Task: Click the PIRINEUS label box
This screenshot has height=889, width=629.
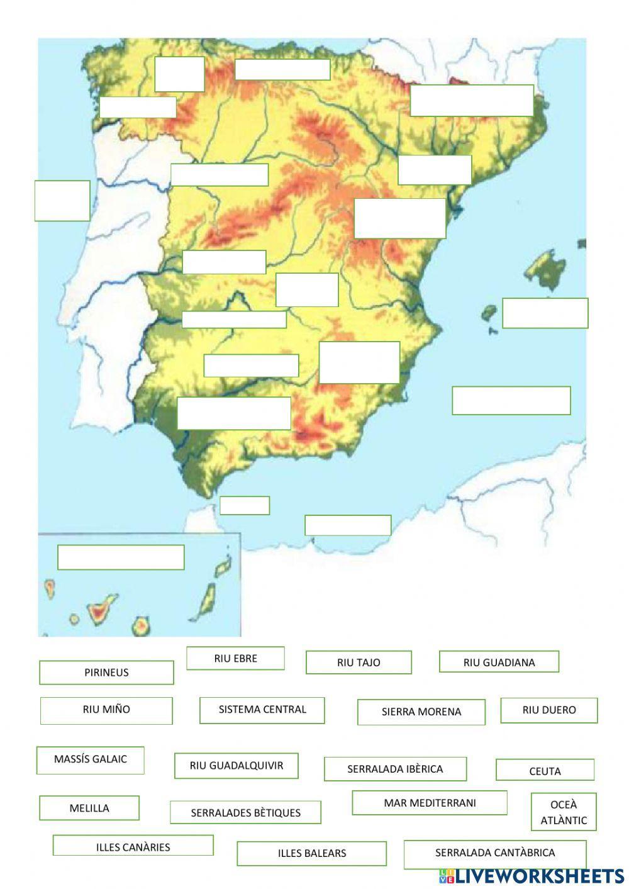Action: tap(106, 673)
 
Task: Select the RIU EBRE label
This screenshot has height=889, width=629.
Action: tap(235, 659)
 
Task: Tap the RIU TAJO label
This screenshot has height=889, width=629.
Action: tap(359, 663)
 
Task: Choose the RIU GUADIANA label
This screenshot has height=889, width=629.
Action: tap(499, 662)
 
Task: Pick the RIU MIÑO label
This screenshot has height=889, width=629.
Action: tap(106, 710)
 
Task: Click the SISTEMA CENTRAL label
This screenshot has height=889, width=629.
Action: tap(262, 710)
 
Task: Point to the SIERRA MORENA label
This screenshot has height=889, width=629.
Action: tap(421, 712)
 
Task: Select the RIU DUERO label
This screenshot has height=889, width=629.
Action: tap(548, 710)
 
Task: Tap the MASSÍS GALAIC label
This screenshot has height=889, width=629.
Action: tap(91, 760)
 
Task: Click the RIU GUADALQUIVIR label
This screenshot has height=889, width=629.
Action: tap(237, 766)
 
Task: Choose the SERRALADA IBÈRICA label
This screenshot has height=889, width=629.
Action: tap(395, 769)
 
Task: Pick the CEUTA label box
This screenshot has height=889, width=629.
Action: tap(545, 770)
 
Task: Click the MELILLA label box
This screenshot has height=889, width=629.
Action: tap(89, 808)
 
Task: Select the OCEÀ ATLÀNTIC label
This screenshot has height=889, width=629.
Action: tap(564, 812)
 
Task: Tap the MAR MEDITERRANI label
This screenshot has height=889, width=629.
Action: tap(430, 803)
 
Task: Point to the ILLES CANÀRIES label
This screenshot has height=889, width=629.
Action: tap(133, 846)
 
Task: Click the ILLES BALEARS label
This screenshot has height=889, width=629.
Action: tap(311, 854)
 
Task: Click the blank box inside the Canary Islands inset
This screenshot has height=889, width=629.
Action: tap(121, 557)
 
